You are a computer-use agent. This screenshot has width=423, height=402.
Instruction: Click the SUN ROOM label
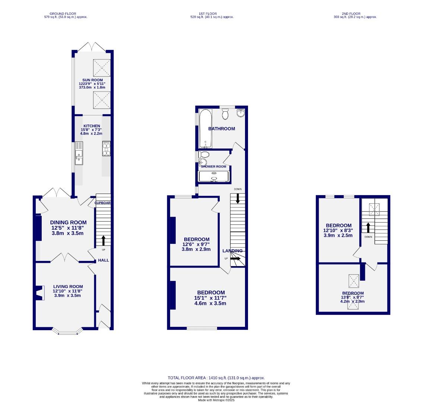point(92,80)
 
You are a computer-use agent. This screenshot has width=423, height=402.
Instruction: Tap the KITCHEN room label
point(92,126)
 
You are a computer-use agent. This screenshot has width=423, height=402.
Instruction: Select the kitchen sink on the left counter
point(79,153)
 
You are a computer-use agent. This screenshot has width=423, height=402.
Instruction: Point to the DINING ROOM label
point(69,223)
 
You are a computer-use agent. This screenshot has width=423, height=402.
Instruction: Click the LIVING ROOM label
point(67,287)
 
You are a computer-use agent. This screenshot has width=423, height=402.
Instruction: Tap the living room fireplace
point(40,293)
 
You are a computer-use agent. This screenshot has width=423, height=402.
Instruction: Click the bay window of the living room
point(67,331)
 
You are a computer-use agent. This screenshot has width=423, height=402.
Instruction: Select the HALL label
point(104,260)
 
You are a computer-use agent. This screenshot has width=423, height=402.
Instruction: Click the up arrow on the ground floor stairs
point(103,240)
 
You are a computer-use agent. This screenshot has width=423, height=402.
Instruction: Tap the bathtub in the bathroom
point(205,128)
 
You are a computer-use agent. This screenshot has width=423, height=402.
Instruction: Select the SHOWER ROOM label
point(214,166)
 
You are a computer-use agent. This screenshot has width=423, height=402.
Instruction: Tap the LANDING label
point(233,251)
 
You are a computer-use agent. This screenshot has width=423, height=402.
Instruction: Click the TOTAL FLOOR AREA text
point(216,378)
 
